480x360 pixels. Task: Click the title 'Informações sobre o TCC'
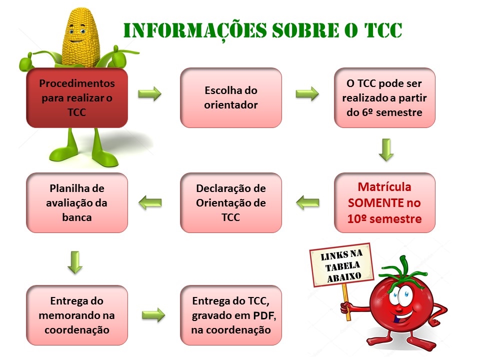(262, 30)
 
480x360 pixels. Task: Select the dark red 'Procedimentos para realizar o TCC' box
(77, 97)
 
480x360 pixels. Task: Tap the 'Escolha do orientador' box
(231, 97)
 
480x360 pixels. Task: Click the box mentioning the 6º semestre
(384, 97)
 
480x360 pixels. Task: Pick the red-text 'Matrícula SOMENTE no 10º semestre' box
(384, 202)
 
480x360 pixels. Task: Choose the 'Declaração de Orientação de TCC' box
(231, 202)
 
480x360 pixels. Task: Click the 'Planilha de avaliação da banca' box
(77, 202)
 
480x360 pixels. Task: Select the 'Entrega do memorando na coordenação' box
(77, 315)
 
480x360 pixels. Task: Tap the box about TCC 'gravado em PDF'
(231, 315)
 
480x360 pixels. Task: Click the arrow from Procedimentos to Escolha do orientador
(149, 93)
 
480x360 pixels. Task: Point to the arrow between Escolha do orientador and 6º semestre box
(307, 93)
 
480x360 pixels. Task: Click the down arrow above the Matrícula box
(386, 149)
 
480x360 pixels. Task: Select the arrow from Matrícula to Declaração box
(307, 202)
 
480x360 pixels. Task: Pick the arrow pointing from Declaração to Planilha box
(150, 202)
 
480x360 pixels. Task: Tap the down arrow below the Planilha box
(75, 262)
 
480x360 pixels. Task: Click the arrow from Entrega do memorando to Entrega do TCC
(153, 315)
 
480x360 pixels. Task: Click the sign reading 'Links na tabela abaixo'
(342, 265)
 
